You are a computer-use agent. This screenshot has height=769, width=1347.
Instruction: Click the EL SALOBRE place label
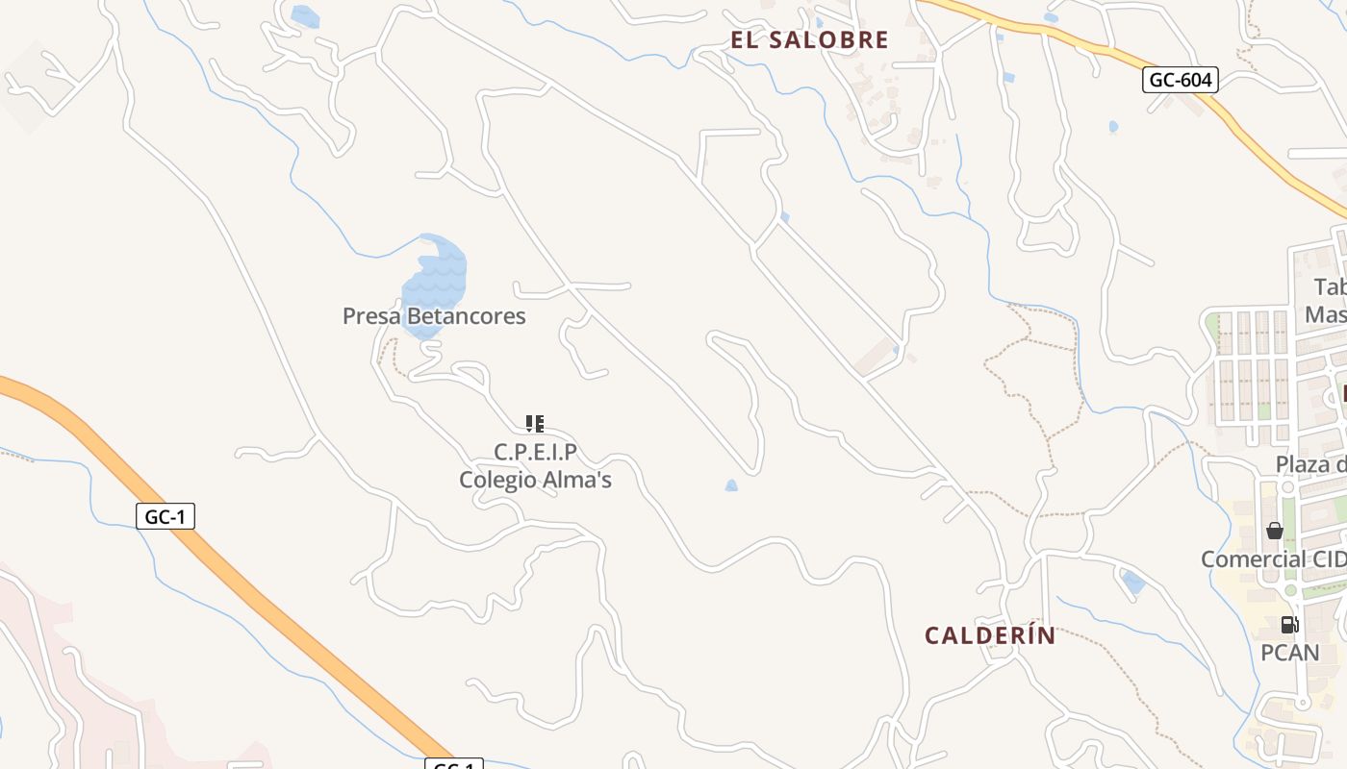click(x=809, y=40)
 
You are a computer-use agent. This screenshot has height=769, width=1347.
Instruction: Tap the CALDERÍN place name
click(x=990, y=635)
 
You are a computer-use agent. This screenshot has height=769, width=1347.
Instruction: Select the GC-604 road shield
click(x=1181, y=80)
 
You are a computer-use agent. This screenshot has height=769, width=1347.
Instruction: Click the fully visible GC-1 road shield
click(x=165, y=516)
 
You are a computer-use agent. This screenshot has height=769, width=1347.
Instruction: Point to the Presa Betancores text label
click(x=434, y=316)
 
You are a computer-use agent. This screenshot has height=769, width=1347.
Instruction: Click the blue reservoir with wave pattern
click(x=436, y=279)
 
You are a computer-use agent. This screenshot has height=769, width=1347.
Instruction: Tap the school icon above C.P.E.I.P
click(x=535, y=423)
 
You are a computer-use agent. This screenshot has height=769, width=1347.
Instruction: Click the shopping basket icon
click(x=1275, y=531)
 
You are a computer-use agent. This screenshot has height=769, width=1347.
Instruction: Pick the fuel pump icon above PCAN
click(x=1289, y=625)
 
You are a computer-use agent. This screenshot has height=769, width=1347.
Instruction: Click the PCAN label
click(x=1289, y=654)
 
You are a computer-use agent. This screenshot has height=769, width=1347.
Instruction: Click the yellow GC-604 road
click(x=1251, y=135)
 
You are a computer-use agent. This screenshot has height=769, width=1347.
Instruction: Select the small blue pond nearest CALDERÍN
click(x=1133, y=583)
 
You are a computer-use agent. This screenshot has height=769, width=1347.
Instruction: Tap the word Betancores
click(x=465, y=316)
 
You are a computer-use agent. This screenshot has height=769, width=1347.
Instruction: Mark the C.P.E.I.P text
click(x=535, y=452)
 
